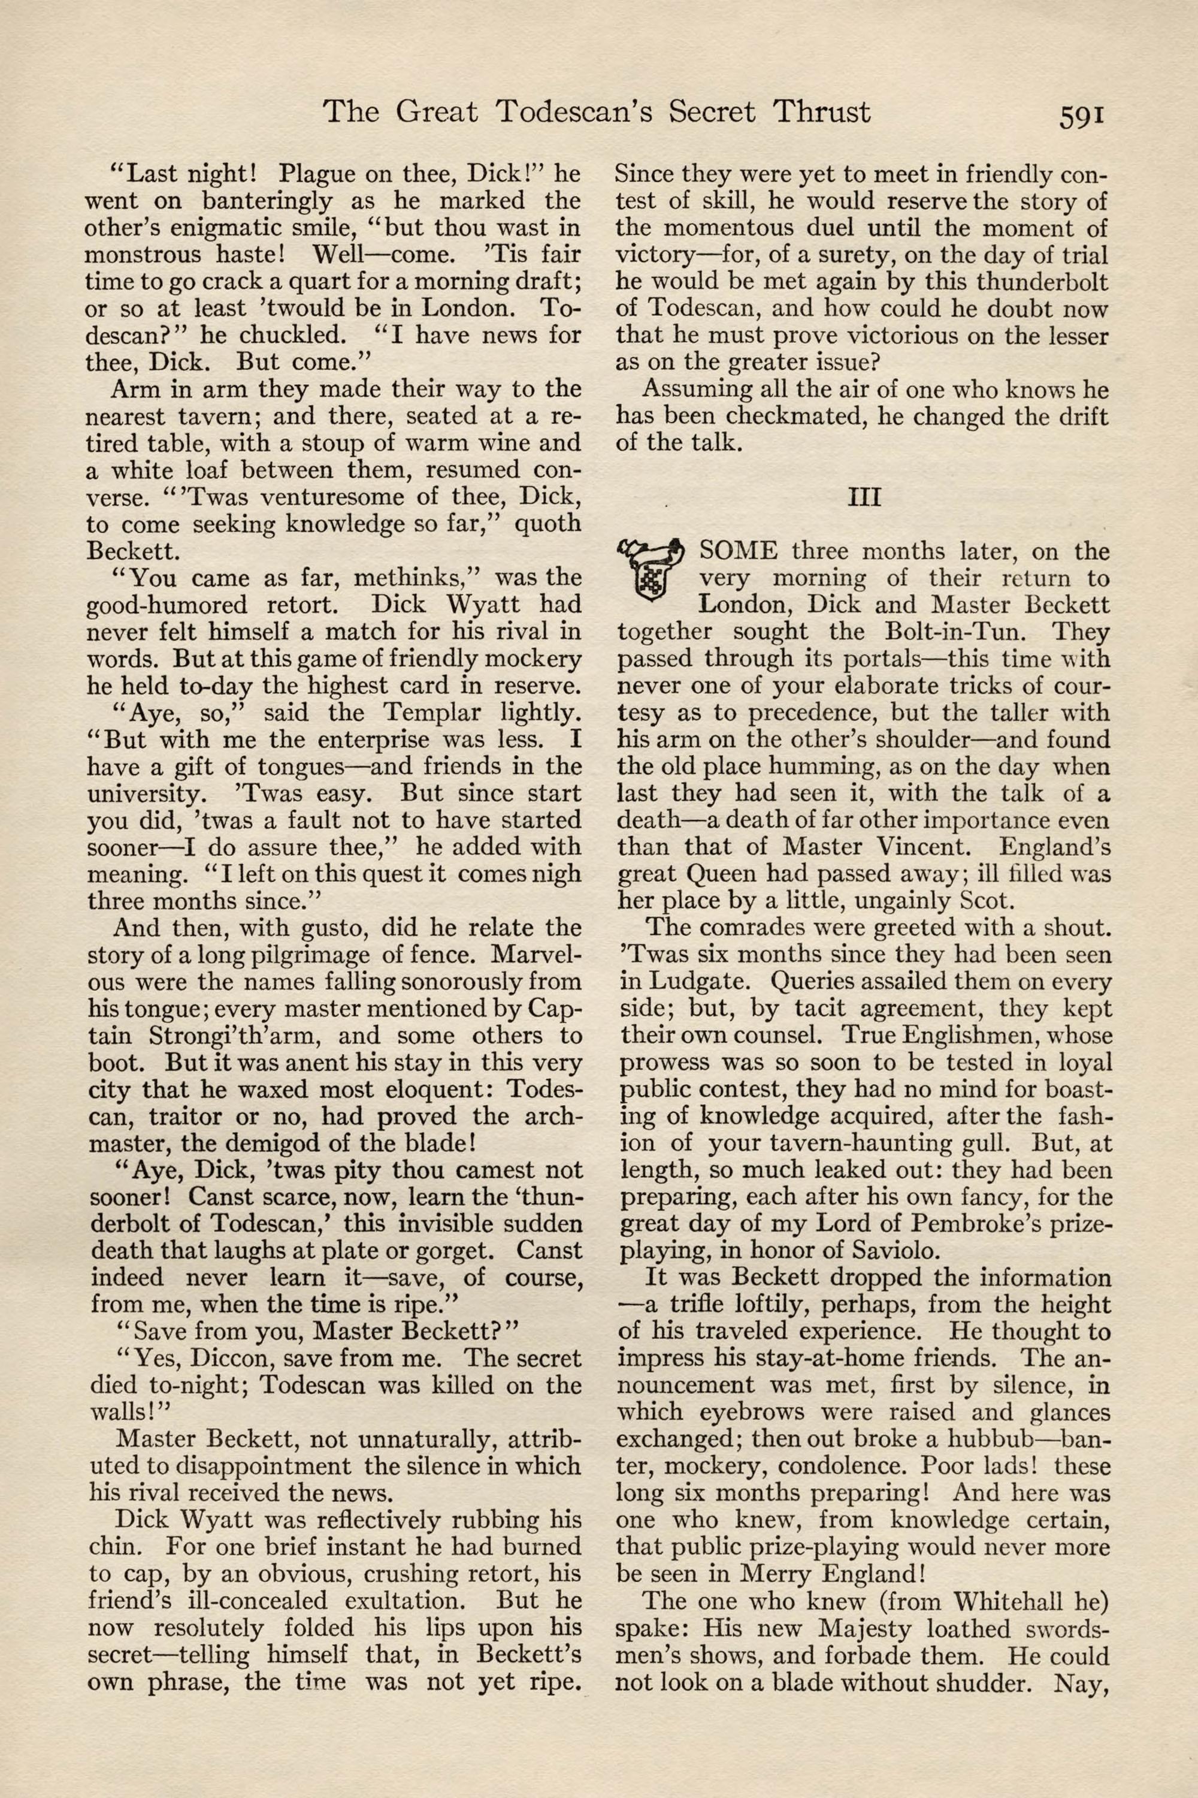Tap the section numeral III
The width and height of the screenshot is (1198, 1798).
tap(864, 497)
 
